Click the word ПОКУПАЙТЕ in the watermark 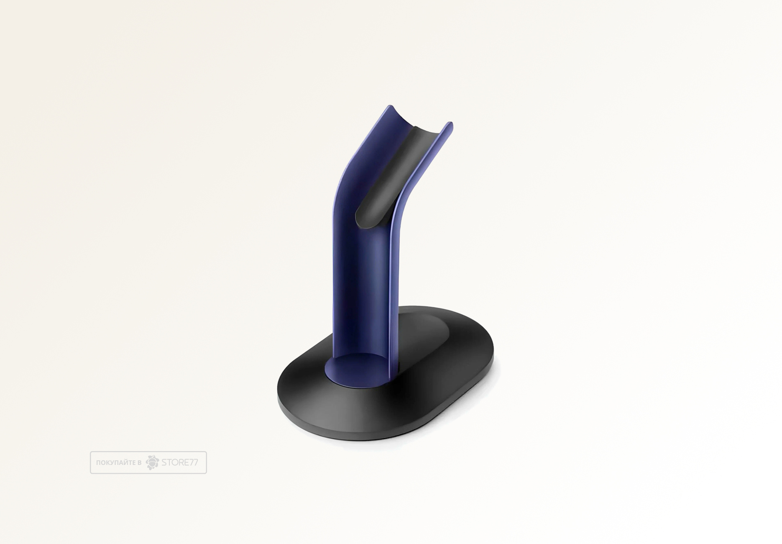[x=116, y=463]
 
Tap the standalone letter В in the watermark [x=139, y=463]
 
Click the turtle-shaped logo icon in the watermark [x=152, y=462]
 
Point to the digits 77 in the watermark [x=194, y=462]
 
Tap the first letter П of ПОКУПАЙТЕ [x=98, y=463]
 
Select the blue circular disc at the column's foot [x=355, y=368]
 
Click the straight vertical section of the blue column [x=360, y=293]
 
